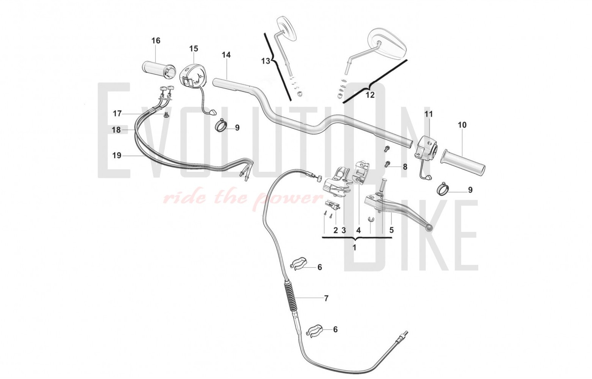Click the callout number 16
point(156,41)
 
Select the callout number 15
point(194,49)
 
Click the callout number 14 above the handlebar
point(226,55)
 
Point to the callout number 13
point(266,61)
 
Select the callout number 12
point(370,95)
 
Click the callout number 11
point(429,114)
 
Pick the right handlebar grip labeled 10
point(463,162)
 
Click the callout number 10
point(462,125)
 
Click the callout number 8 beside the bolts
point(405,167)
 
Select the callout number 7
point(326,298)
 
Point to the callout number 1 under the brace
point(355,248)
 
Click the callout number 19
point(117,155)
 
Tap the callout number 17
point(117,113)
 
